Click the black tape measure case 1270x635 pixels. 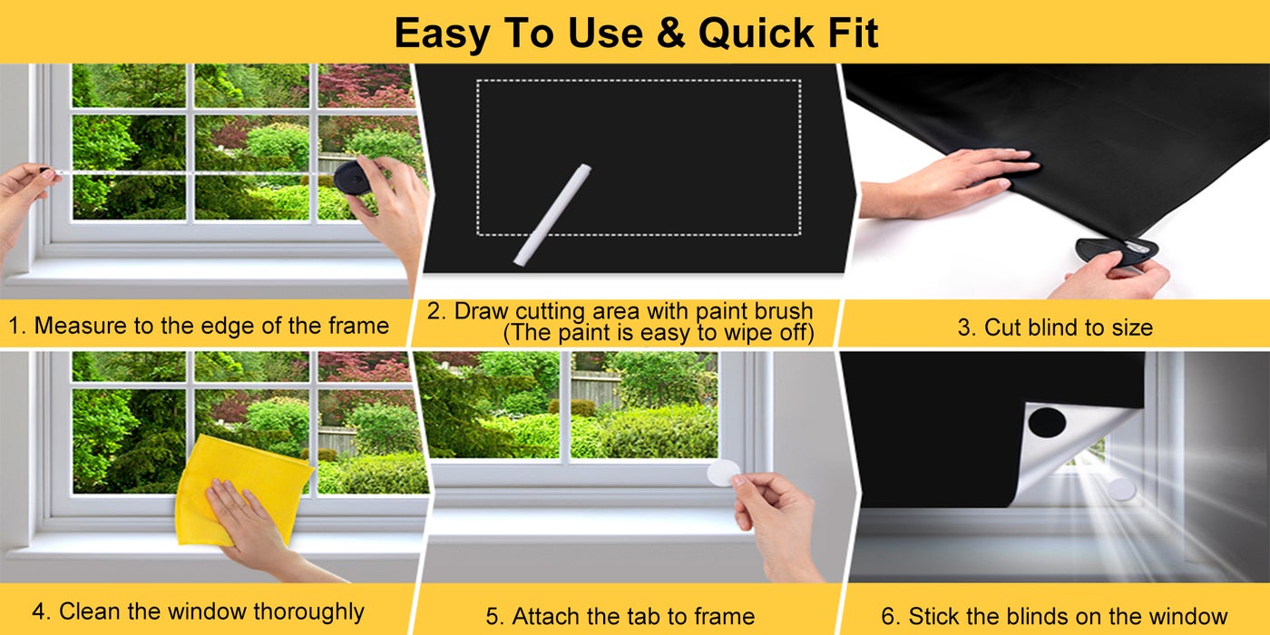coord(352,177)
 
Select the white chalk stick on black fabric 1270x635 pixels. coord(552,214)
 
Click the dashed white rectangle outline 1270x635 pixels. coord(639,80)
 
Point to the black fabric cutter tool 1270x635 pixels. coord(1116,251)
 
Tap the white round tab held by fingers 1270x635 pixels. coord(724,473)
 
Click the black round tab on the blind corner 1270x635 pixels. coord(1047,423)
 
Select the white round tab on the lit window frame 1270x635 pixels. coord(1121,489)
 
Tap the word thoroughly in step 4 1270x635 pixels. coord(309,612)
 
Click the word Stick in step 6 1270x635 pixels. coord(933,616)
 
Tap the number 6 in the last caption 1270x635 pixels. coord(888,616)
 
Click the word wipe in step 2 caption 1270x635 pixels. coord(745,332)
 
